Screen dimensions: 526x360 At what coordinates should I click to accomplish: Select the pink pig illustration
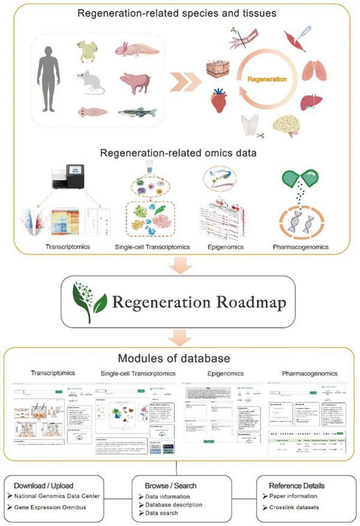[136, 80]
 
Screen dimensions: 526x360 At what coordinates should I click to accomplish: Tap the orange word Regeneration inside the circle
[284, 79]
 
